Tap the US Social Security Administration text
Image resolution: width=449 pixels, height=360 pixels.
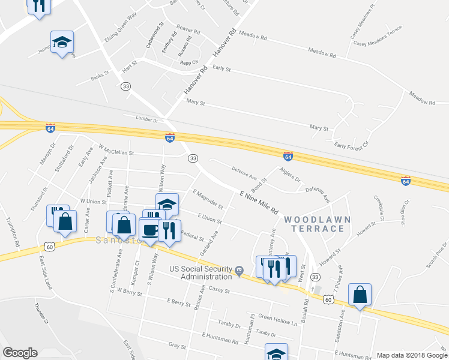pos(200,272)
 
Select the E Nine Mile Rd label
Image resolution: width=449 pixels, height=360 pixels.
pos(259,203)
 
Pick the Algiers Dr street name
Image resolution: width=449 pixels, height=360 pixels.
pos(290,176)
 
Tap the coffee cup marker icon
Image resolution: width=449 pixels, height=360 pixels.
pos(149,229)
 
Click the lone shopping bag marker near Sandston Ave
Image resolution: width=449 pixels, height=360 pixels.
pos(360,295)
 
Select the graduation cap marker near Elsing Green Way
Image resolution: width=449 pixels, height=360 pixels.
pos(61,42)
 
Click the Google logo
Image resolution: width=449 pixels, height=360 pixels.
pos(20,353)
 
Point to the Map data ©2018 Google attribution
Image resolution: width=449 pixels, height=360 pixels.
pos(412,355)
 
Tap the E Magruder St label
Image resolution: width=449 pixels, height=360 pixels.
pos(208,200)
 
